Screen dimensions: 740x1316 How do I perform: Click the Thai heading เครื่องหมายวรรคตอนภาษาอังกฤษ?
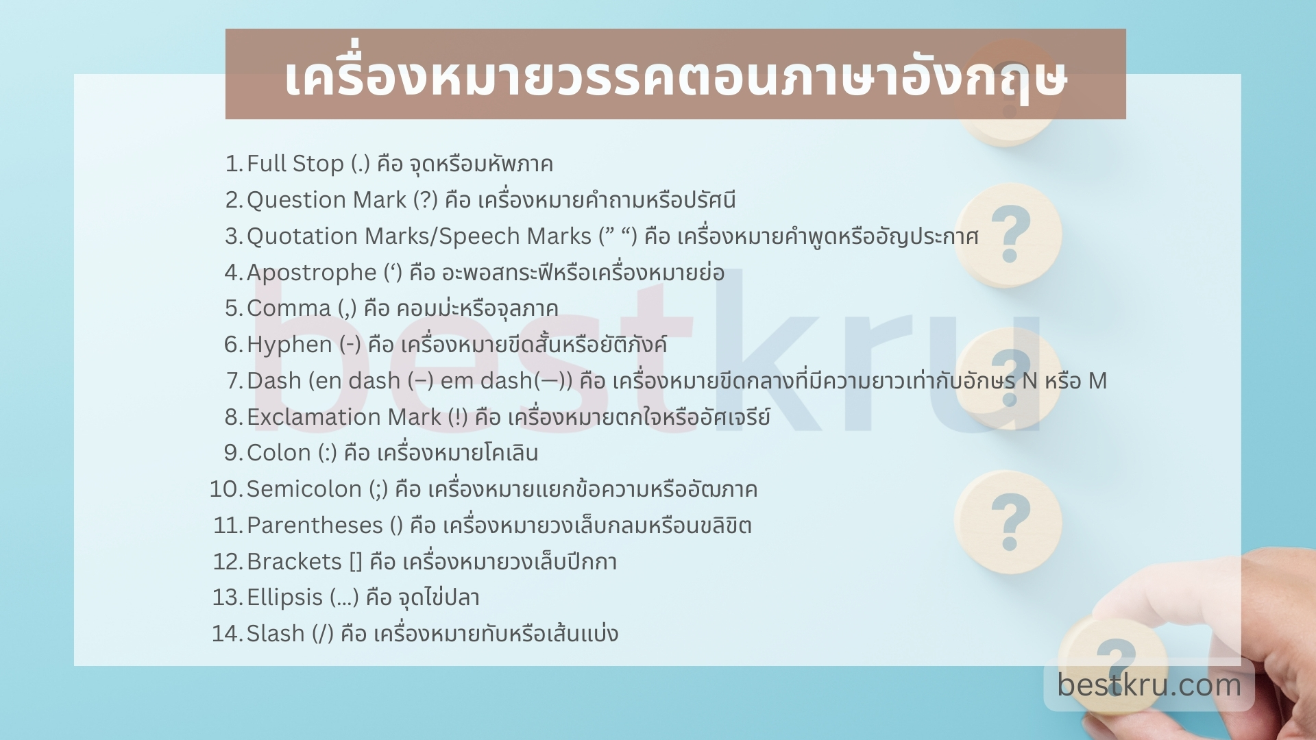click(x=675, y=77)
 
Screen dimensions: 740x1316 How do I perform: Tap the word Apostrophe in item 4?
click(x=311, y=273)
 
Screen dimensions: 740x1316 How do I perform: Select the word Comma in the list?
click(x=289, y=308)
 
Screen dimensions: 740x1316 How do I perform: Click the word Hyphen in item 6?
click(x=289, y=345)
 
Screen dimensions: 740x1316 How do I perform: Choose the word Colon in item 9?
click(x=278, y=453)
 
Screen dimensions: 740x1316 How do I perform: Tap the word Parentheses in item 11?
click(x=315, y=526)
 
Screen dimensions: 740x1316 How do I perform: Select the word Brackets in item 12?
click(x=294, y=562)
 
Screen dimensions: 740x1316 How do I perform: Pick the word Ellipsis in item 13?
click(x=284, y=597)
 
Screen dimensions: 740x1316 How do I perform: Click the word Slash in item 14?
click(x=275, y=634)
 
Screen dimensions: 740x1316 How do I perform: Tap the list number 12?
click(x=226, y=562)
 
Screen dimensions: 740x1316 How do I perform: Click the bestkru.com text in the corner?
click(x=1149, y=684)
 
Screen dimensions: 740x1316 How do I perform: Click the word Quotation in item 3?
click(x=302, y=236)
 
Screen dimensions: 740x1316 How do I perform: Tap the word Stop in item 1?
click(x=318, y=164)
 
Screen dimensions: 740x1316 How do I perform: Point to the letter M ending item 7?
click(x=1097, y=381)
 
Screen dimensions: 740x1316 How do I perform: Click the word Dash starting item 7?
click(x=273, y=381)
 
